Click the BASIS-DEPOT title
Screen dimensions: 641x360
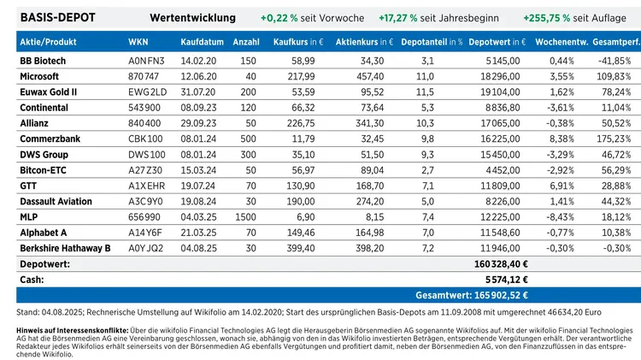(x=57, y=18)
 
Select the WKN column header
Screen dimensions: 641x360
(x=138, y=42)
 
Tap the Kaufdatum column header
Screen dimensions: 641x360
(x=202, y=42)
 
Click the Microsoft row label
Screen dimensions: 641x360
(x=39, y=76)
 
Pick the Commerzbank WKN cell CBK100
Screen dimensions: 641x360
(x=145, y=139)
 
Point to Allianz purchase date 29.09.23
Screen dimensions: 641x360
(x=198, y=123)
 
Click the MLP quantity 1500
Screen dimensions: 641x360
(x=245, y=217)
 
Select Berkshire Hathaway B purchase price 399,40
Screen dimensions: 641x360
(x=301, y=248)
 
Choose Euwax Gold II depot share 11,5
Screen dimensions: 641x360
(x=425, y=92)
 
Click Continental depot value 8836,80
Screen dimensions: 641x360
(x=503, y=108)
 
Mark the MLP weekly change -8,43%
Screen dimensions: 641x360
(x=560, y=217)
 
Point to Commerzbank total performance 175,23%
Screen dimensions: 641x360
(x=614, y=139)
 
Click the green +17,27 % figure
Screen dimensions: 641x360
(x=397, y=18)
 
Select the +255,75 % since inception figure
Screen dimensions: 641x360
(x=547, y=18)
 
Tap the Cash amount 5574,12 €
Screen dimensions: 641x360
(x=507, y=280)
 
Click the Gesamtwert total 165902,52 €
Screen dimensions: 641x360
(x=472, y=295)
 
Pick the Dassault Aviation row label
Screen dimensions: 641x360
(x=56, y=201)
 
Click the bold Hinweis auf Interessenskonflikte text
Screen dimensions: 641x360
(x=73, y=331)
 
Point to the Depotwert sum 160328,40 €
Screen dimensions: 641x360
(x=501, y=264)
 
